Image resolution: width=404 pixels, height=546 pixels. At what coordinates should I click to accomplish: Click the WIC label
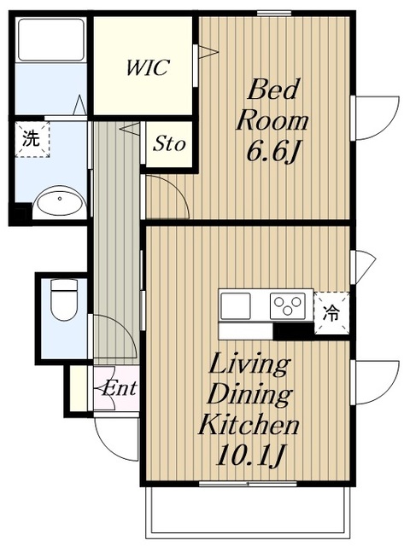[x=148, y=67]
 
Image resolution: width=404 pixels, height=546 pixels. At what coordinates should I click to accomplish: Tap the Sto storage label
[x=169, y=143]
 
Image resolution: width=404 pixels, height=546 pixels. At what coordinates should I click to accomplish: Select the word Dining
[x=250, y=396]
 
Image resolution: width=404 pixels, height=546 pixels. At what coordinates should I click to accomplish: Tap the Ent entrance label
[x=120, y=388]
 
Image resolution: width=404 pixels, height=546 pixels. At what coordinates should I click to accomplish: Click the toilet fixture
[x=64, y=299]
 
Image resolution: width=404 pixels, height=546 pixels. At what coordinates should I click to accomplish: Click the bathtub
[x=51, y=40]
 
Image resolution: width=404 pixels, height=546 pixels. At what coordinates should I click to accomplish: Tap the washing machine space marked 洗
[x=32, y=139]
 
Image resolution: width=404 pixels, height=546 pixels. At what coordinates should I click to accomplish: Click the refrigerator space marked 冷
[x=331, y=313]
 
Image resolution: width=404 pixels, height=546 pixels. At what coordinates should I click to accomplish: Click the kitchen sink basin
[x=236, y=305]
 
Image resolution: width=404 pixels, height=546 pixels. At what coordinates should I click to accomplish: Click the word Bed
[x=273, y=89]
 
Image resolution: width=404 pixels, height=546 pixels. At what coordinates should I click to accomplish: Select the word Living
[x=249, y=366]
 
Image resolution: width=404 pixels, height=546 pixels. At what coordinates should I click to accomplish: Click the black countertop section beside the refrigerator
[x=293, y=331]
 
